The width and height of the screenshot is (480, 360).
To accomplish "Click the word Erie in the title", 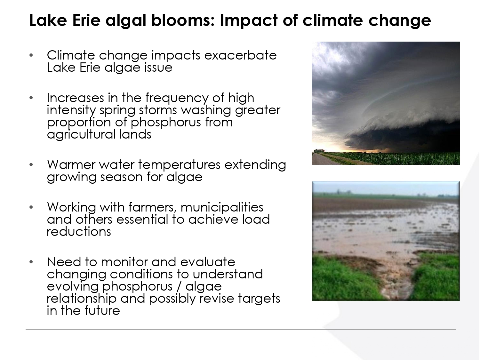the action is point(86,20).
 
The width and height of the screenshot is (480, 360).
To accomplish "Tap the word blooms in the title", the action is point(183,20).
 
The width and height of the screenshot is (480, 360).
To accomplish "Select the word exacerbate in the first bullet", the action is point(240,55).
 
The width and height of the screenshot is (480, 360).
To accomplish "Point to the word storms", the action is point(158,110).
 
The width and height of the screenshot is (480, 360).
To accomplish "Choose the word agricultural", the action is point(81,134).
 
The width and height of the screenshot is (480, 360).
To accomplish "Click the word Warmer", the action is point(71,164).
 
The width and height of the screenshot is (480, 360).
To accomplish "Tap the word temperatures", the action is point(179,165).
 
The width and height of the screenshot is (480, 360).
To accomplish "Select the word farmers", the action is point(152,208).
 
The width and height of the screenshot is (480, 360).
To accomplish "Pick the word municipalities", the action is point(222,208).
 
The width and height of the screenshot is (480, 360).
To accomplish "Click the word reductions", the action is point(79,231).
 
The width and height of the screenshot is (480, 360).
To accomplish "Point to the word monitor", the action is point(124,262).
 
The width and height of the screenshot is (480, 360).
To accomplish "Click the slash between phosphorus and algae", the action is point(179,287).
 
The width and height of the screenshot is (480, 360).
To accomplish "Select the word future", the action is point(102,311).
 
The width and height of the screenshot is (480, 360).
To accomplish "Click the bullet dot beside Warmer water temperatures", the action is point(31,164).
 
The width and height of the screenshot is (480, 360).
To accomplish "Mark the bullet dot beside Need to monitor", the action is point(31,262).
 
